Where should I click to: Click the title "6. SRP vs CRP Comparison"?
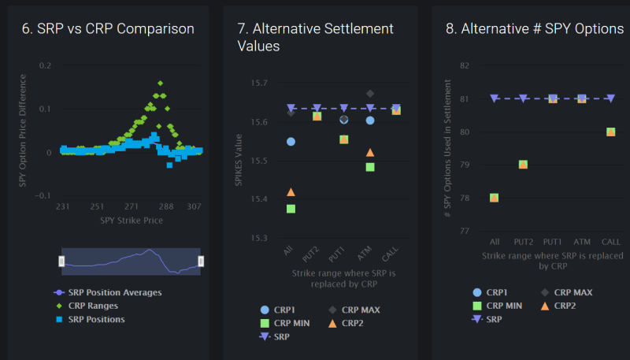pos(107,29)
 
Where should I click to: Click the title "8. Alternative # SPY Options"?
pos(535,29)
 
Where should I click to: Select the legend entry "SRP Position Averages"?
pos(115,292)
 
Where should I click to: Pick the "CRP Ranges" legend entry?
pos(93,306)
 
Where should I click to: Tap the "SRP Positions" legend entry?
pos(96,319)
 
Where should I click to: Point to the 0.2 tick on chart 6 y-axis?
pos(44,65)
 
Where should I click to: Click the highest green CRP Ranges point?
pos(160,83)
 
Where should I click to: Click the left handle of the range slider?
pos(62,261)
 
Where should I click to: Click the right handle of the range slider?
pos(201,261)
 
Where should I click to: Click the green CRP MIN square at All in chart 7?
pos(291,209)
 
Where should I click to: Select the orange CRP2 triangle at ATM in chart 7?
pos(370,152)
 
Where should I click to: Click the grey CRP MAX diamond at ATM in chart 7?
pos(370,94)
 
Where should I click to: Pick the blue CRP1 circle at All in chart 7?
pos(291,142)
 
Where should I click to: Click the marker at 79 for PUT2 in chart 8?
pos(523,165)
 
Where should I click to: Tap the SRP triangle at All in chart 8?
pos(494,98)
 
